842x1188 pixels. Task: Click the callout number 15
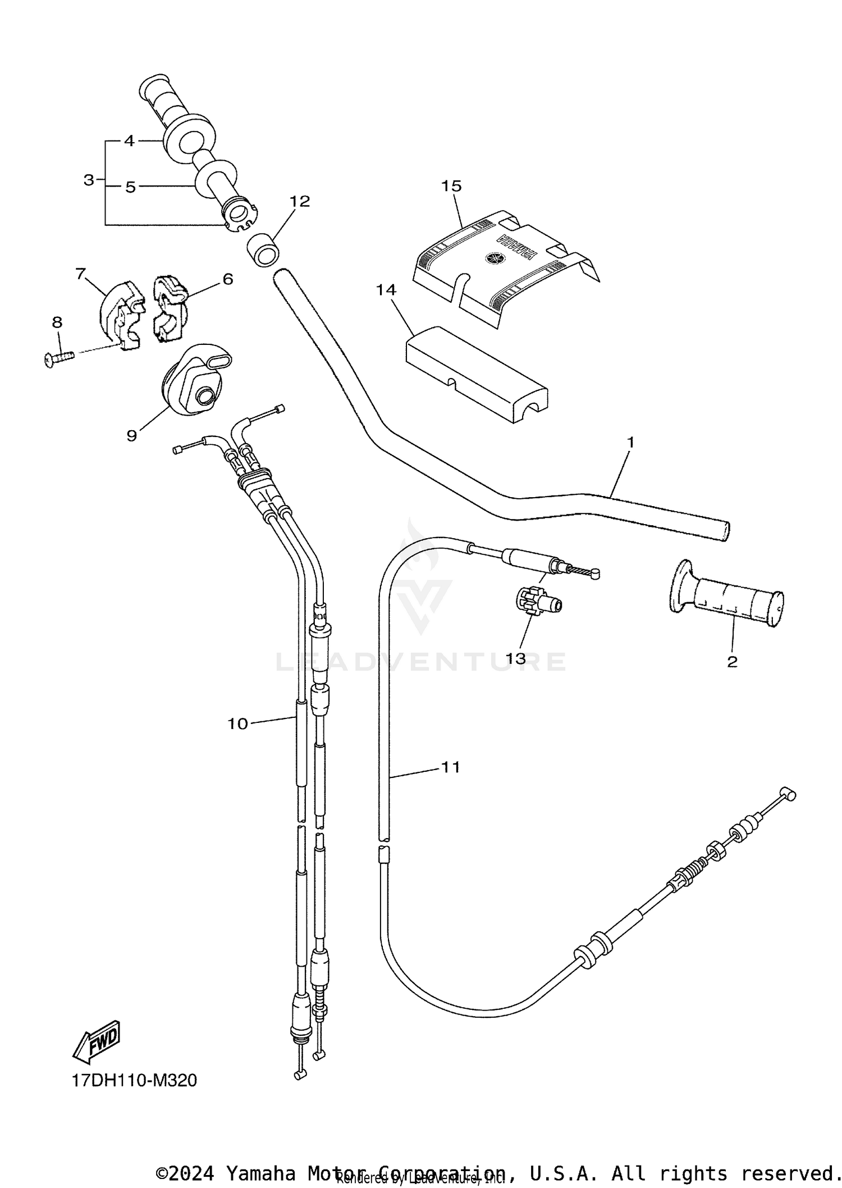[x=451, y=186]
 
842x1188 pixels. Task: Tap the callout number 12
[x=300, y=201]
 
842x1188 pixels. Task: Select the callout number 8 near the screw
[x=57, y=322]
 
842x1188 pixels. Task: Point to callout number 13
[x=515, y=658]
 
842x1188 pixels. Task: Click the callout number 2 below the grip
[x=732, y=662]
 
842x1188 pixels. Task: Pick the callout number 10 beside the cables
[x=237, y=724]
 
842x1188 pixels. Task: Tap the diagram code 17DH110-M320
[x=134, y=1081]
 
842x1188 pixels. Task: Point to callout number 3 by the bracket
[x=89, y=180]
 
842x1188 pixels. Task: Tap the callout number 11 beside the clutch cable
[x=451, y=767]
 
